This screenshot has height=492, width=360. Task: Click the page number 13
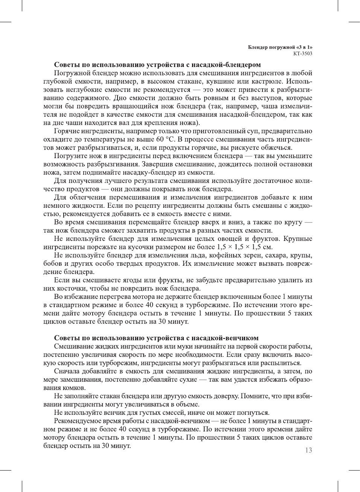[308, 450]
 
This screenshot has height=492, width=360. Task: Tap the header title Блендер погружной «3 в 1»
[280, 47]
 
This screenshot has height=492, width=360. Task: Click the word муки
[171, 346]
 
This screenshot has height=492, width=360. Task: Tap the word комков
[75, 388]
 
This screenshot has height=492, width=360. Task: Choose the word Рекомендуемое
[79, 421]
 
